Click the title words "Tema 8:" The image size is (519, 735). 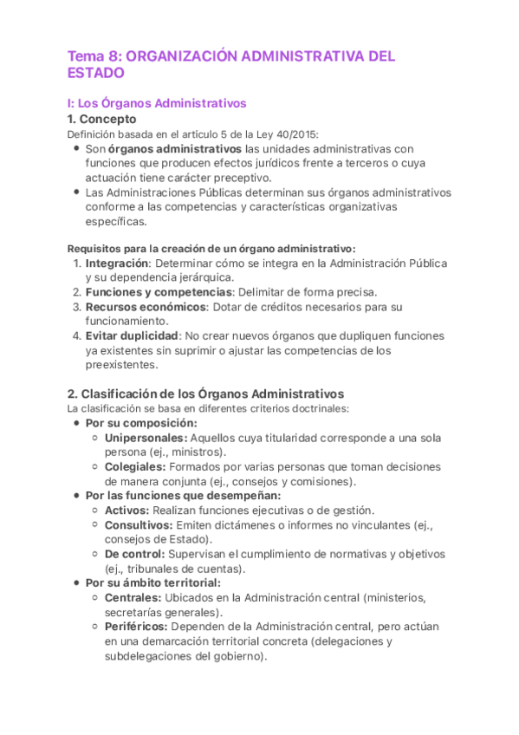95,56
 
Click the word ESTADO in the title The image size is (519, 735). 96,74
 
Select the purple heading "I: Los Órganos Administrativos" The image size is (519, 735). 157,103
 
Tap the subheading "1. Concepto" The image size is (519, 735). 101,119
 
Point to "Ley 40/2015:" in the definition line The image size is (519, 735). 287,133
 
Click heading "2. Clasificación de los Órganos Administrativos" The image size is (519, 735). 205,394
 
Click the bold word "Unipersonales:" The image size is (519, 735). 146,438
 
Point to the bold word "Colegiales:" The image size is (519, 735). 134,467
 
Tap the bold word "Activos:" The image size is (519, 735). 127,511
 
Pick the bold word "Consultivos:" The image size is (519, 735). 139,525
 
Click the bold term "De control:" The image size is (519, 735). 134,554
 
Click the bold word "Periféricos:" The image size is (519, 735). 137,627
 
